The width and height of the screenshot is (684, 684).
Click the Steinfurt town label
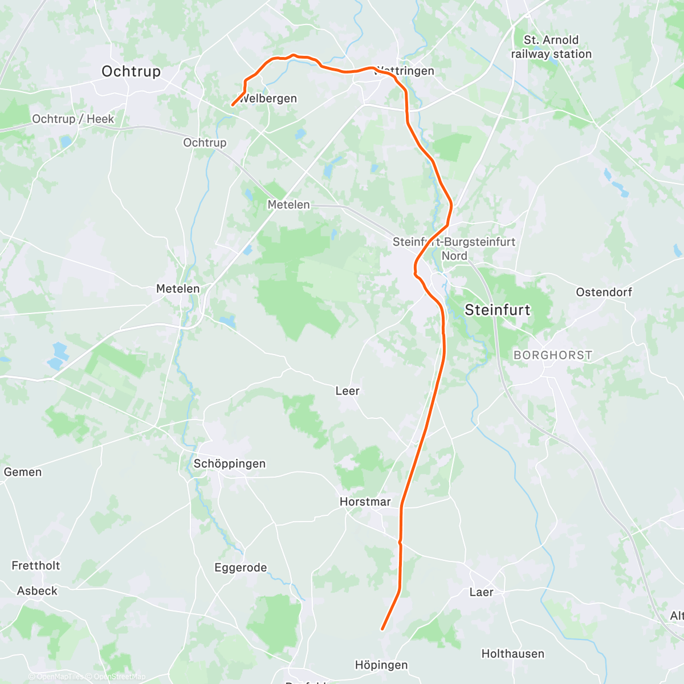click(497, 310)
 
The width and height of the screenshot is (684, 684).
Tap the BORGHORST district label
click(552, 355)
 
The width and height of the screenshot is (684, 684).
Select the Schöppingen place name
click(229, 463)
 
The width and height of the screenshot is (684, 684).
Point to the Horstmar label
click(365, 502)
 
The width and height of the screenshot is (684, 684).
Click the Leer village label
click(347, 391)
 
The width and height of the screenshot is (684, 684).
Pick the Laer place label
click(481, 592)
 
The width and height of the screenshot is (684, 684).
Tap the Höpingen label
click(381, 665)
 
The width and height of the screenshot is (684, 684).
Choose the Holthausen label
click(512, 654)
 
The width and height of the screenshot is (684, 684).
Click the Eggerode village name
click(241, 568)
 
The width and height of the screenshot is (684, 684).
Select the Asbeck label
click(37, 591)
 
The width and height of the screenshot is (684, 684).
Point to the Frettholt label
click(35, 565)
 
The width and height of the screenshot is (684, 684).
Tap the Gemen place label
click(23, 472)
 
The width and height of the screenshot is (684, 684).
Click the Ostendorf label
click(604, 292)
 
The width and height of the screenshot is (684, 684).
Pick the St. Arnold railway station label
click(551, 47)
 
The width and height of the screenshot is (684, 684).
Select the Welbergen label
click(268, 99)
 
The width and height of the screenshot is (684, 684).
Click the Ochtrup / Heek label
click(73, 119)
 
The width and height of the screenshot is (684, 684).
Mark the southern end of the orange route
click(382, 629)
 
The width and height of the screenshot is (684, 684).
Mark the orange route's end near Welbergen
click(232, 105)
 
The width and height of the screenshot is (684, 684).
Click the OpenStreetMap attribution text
click(119, 677)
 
